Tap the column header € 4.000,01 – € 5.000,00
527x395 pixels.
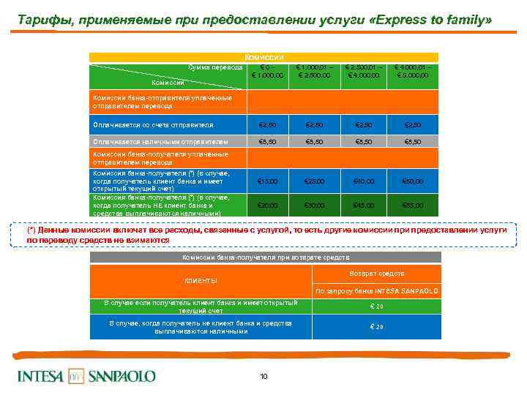click(x=414, y=72)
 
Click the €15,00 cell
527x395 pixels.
click(x=267, y=181)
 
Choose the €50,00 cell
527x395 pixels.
click(x=414, y=181)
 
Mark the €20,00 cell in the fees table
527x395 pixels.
click(x=267, y=206)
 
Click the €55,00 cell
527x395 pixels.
click(x=414, y=206)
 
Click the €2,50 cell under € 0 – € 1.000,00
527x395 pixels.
click(x=267, y=124)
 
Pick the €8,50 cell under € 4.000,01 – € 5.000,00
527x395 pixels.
click(x=414, y=142)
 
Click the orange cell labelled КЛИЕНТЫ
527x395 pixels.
click(x=201, y=281)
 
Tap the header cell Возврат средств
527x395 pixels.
click(x=377, y=274)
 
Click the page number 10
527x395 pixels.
click(x=263, y=376)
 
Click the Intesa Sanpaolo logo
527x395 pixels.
click(x=86, y=376)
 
